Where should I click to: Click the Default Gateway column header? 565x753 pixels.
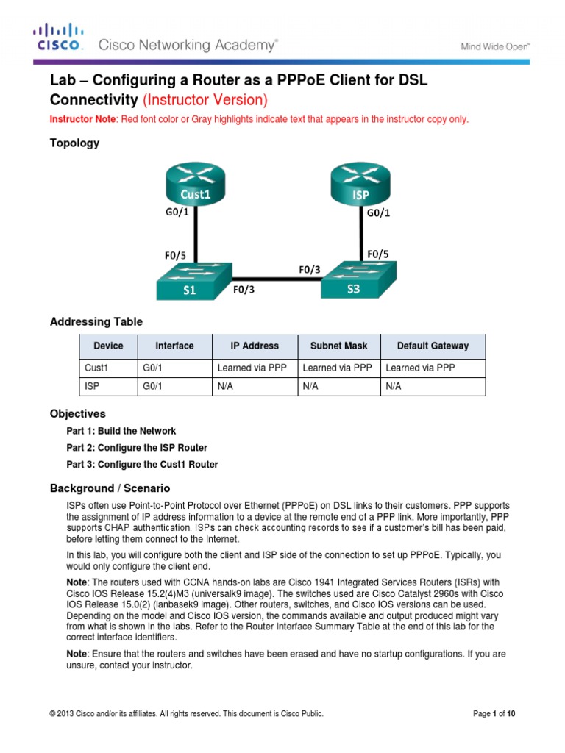[x=433, y=346]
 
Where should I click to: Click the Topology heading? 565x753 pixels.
[x=74, y=143]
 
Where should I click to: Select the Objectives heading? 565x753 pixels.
[x=77, y=414]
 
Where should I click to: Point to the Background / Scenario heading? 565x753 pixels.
[x=110, y=488]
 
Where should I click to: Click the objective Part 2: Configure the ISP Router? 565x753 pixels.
[x=137, y=448]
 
